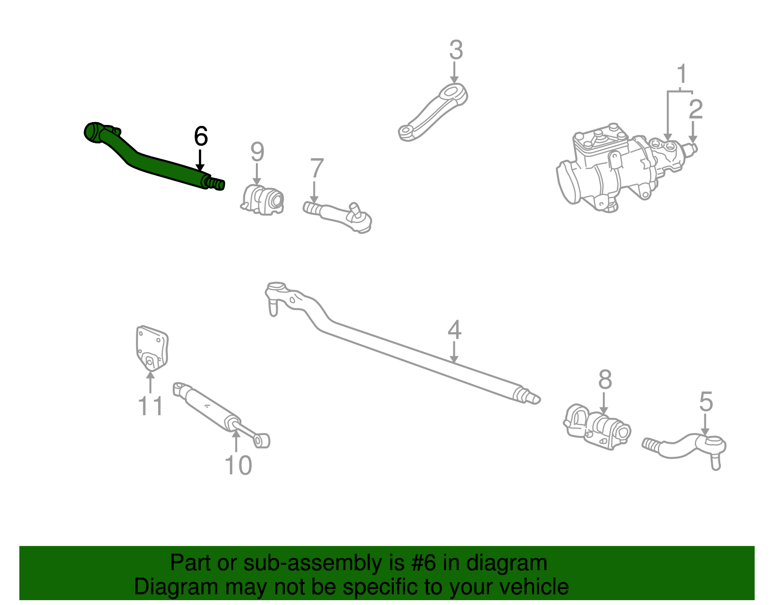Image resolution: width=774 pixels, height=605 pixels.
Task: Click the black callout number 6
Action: (201, 137)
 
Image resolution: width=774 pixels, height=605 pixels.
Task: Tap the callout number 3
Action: (456, 51)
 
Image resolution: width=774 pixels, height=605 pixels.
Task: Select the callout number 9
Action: (257, 152)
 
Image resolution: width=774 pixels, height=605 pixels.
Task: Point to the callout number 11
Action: (150, 406)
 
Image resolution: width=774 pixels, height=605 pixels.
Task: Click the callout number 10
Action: (238, 465)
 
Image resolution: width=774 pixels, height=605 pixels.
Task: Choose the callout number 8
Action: (605, 380)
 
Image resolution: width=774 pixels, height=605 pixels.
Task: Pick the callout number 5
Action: (706, 402)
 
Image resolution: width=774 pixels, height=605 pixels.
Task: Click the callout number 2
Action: (695, 109)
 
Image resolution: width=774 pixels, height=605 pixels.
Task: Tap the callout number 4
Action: (454, 330)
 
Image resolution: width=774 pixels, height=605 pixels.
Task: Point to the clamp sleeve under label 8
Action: (597, 426)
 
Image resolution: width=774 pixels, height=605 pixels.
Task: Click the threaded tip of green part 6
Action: (217, 184)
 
